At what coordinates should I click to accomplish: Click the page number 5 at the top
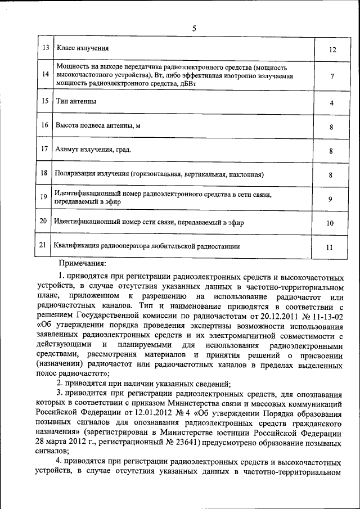tap(195, 29)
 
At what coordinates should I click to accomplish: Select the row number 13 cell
tap(45, 48)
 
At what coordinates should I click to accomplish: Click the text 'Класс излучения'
tap(83, 49)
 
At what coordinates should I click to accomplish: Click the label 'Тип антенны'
tap(76, 102)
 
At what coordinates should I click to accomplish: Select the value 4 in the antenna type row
tap(332, 103)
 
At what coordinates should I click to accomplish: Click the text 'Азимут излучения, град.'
tap(93, 150)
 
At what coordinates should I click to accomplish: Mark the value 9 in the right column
tap(331, 199)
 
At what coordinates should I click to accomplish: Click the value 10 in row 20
tap(331, 223)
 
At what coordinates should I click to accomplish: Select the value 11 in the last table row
tap(331, 247)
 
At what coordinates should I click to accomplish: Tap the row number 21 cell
tap(43, 245)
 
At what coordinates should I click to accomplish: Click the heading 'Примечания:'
tap(82, 263)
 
